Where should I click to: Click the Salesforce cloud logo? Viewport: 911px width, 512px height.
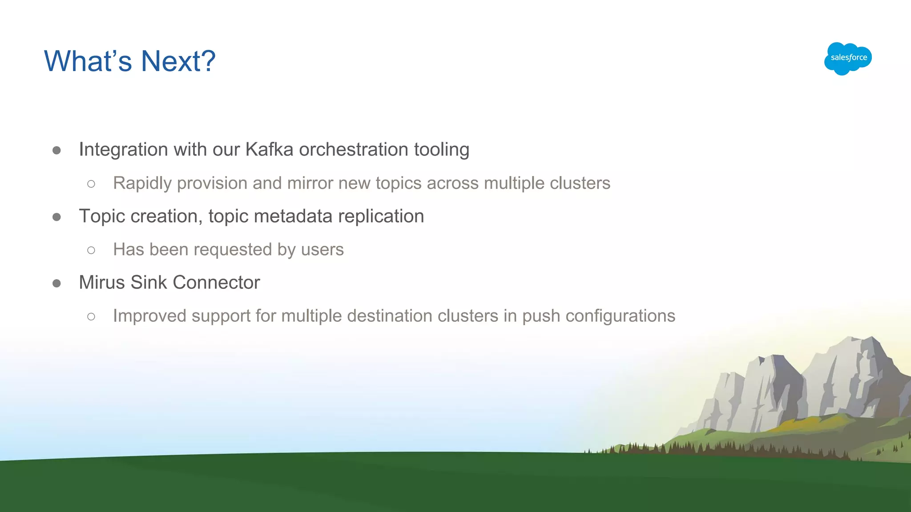[x=848, y=58]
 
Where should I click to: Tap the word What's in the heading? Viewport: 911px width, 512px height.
[x=88, y=61]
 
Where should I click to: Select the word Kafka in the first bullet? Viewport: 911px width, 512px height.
[x=269, y=149]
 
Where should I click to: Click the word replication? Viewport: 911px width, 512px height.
[x=381, y=216]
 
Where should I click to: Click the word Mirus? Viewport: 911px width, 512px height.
[x=102, y=282]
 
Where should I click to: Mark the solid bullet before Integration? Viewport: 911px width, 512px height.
[x=56, y=150]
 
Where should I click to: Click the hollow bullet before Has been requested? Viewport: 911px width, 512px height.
[x=91, y=250]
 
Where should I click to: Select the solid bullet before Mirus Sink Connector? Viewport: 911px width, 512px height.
[x=56, y=283]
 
